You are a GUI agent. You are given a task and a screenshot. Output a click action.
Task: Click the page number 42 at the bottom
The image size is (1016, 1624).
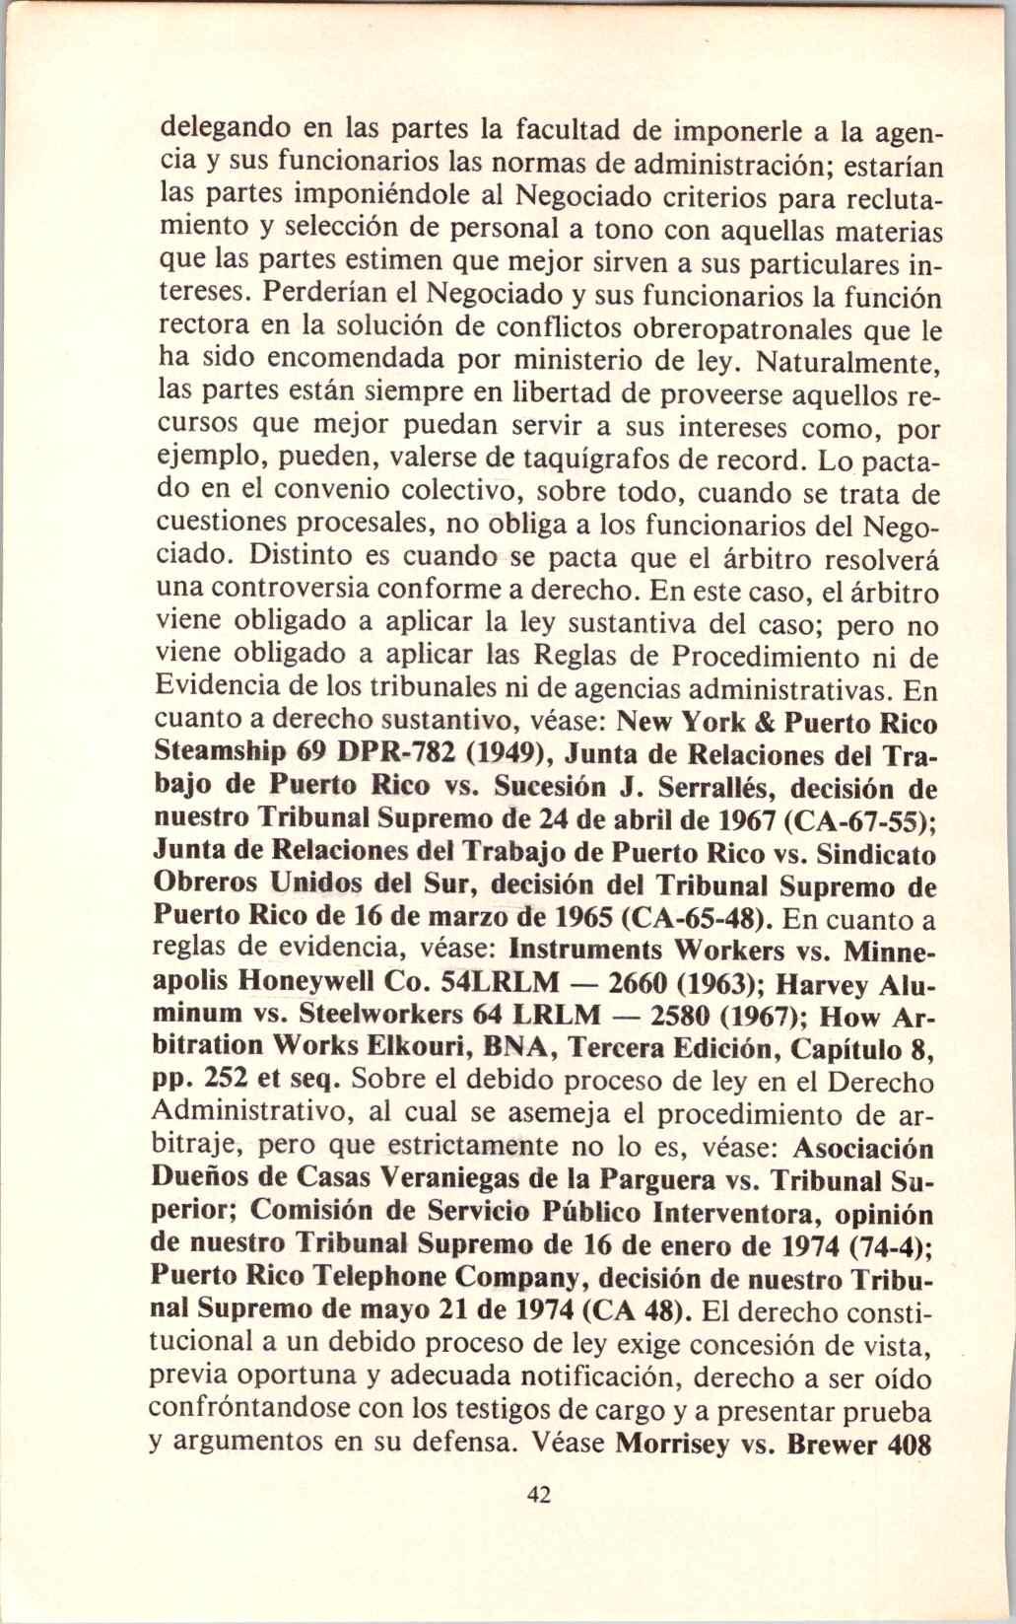point(539,1522)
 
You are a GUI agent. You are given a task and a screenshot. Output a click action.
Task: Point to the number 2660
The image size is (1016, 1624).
point(653,983)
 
